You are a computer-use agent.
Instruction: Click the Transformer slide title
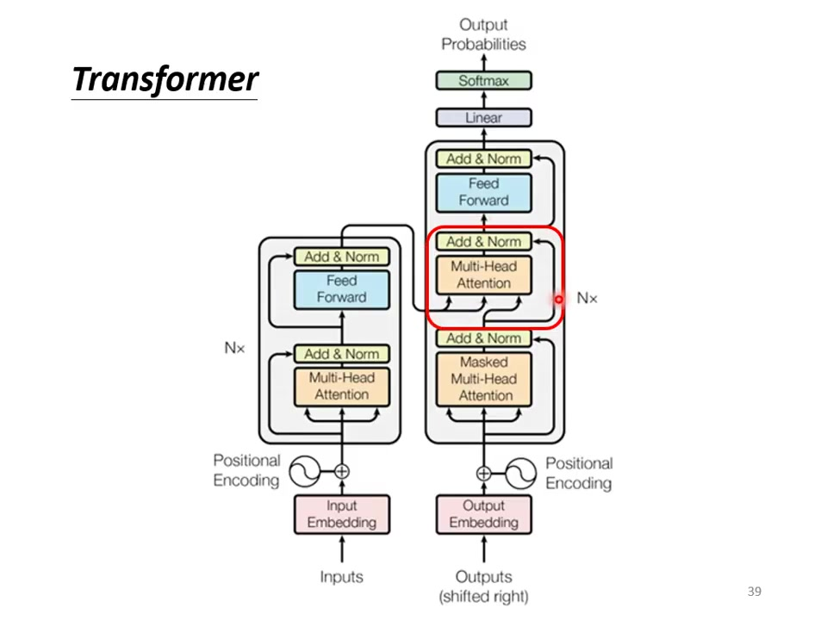pos(165,79)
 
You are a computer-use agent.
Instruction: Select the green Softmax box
pos(483,81)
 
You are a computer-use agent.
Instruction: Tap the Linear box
pos(483,118)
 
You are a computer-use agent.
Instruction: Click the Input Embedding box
pos(342,514)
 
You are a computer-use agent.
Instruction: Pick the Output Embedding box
pos(483,514)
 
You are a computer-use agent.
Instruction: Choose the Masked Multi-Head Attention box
pos(483,379)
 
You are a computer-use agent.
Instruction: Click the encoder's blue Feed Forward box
pos(342,289)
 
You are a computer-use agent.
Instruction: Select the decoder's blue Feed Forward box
pos(483,192)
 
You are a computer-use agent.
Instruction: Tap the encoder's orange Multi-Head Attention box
pos(342,386)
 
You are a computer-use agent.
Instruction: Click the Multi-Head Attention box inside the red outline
pos(483,275)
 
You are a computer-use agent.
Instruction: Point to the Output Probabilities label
pos(483,34)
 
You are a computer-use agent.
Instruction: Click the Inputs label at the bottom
pos(342,577)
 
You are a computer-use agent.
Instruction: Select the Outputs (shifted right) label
pos(483,586)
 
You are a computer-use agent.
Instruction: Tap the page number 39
pos(755,592)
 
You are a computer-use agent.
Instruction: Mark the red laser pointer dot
pos(558,299)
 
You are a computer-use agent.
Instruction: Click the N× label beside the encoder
pos(234,349)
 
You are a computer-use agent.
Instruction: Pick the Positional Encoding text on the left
pos(246,471)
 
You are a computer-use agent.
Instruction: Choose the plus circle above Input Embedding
pos(342,471)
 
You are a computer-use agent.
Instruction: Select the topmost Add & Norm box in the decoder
pos(483,158)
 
